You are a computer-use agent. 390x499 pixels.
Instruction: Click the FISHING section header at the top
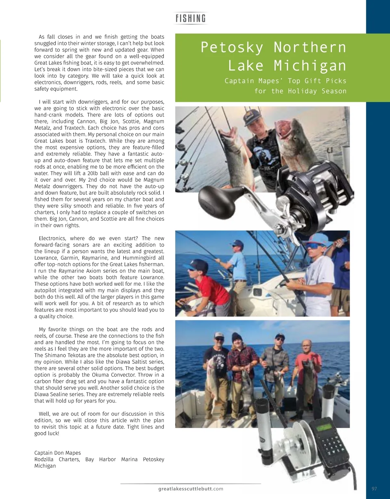[x=191, y=18]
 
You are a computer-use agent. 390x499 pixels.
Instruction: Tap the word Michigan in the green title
[x=310, y=66]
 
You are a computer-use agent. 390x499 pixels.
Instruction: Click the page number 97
[x=374, y=489]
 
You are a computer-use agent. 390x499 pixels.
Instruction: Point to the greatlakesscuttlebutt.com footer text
[x=191, y=489]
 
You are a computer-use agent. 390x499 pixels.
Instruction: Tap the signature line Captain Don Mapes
[x=58, y=453]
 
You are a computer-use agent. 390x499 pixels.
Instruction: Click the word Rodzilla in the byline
[x=45, y=459]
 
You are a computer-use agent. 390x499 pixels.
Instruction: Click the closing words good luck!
[x=47, y=433]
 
